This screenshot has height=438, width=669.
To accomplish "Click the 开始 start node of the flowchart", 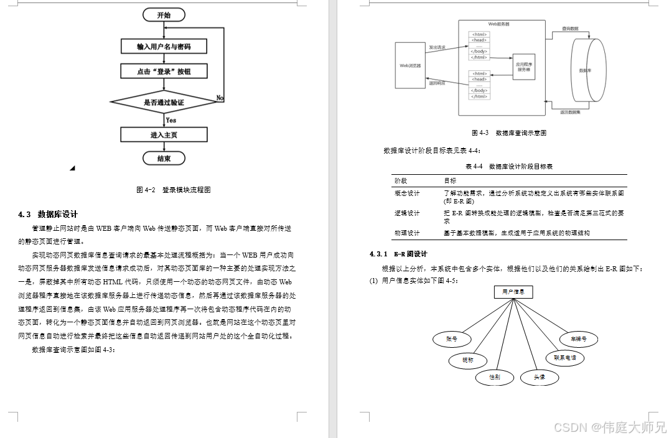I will (164, 15).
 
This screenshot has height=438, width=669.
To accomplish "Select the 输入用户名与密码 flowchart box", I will (164, 47).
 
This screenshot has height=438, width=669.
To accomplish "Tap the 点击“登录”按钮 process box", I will (164, 72).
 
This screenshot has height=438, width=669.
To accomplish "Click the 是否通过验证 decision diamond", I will (164, 101).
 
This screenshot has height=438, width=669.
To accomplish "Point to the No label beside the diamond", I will (220, 98).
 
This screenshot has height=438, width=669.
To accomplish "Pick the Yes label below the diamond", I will (171, 120).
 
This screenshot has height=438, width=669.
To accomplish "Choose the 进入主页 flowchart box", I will (164, 135).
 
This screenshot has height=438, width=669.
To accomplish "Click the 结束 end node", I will (164, 159).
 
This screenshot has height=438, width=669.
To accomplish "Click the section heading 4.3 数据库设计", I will (48, 214).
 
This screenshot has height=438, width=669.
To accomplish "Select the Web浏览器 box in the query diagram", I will (409, 65).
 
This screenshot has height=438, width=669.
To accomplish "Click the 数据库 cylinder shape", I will (587, 70).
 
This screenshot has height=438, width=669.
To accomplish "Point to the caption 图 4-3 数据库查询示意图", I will (508, 133).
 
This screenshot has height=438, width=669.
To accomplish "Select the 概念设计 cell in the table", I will (407, 193).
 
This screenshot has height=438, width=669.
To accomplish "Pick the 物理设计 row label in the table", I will (407, 233).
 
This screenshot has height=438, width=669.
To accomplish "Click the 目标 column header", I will (449, 180).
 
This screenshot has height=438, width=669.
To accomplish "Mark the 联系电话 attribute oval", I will (564, 358).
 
